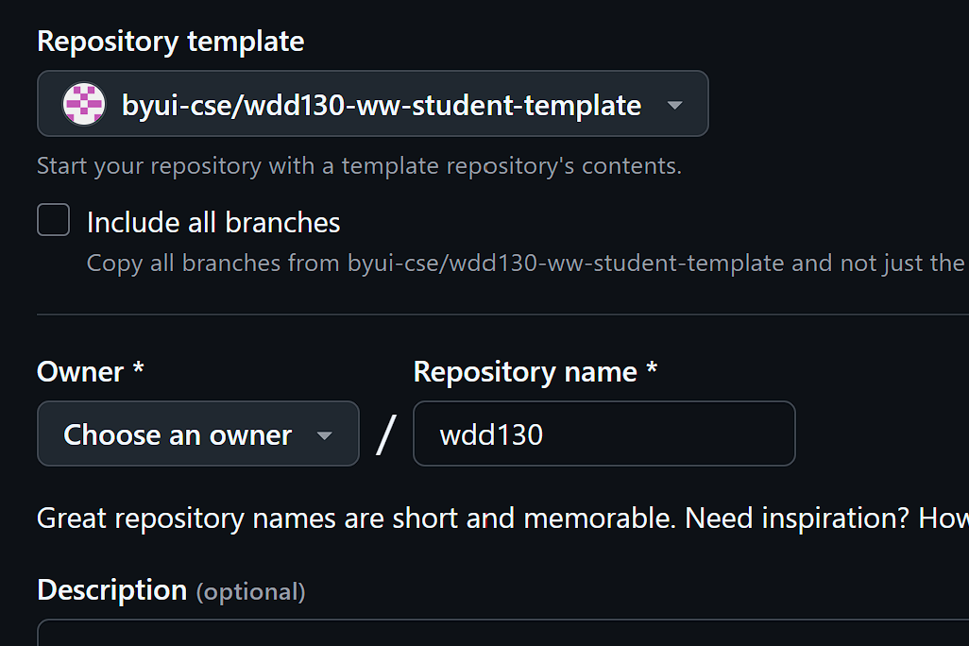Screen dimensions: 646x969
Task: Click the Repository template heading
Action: [x=170, y=42]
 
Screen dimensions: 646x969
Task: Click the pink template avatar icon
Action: [x=83, y=104]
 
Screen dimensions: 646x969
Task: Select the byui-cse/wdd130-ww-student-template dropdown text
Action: [x=381, y=105]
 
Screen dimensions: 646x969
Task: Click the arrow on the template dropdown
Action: [x=674, y=105]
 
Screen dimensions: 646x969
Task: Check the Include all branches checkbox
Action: [x=54, y=220]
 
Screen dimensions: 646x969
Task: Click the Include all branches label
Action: [x=213, y=223]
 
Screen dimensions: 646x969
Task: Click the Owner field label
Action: [x=80, y=371]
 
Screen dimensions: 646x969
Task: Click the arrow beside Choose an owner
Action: [x=324, y=435]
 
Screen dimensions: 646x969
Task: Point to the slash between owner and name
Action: [x=385, y=434]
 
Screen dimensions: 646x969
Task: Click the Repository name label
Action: [x=525, y=371]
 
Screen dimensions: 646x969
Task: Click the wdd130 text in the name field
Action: [x=491, y=434]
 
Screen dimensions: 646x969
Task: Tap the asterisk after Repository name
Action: [x=652, y=368]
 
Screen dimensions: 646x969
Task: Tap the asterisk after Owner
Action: [x=138, y=368]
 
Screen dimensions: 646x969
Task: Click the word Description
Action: [x=111, y=589]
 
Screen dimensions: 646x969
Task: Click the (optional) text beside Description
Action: [x=250, y=592]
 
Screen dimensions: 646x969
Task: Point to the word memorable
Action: [x=597, y=518]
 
